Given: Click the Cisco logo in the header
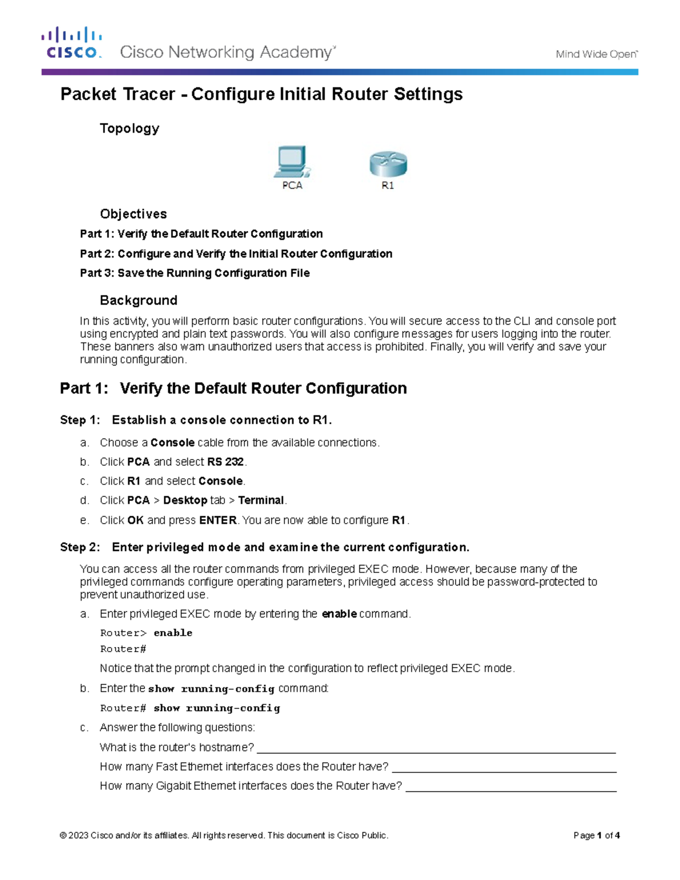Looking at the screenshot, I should tap(71, 43).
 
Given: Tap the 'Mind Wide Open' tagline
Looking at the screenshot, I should tap(596, 54).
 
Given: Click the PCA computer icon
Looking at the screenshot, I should tap(291, 163).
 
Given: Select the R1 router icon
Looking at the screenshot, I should tap(388, 164).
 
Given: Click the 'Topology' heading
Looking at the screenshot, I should tap(129, 129).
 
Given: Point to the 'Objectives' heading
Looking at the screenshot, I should tap(133, 214).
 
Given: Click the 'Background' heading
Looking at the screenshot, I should tap(138, 300).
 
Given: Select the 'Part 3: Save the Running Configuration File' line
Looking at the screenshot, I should tap(195, 273).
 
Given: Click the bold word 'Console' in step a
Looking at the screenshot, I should tap(172, 443).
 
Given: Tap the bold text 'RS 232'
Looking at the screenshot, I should tap(226, 462).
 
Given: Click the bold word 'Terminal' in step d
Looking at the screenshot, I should tap(261, 500).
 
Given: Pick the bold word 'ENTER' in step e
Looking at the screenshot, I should tap(218, 520).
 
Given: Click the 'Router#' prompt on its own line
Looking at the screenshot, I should tap(123, 649).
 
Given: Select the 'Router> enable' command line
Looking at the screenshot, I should tap(146, 633).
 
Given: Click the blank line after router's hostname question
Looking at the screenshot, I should tap(436, 749).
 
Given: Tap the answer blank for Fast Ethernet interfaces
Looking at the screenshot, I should tap(504, 768).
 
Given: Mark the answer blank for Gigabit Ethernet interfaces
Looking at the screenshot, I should tap(511, 788).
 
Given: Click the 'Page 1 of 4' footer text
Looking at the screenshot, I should tap(596, 835).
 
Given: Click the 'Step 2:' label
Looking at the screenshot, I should tap(80, 547).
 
